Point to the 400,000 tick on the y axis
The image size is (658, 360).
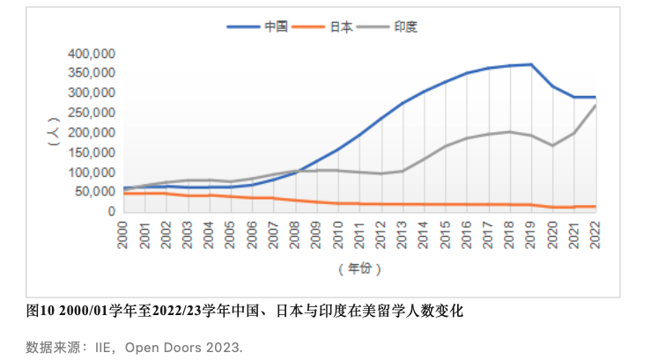pos(91,53)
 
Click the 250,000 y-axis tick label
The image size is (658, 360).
pos(91,113)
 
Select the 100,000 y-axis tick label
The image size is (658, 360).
pos(91,172)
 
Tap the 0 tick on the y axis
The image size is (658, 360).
pos(111,211)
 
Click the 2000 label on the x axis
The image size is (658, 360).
pos(125,233)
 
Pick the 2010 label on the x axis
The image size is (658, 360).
pos(337,233)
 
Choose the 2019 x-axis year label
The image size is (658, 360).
pos(531,233)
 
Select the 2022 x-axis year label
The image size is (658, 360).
pos(595,233)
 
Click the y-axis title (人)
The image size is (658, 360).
pos(54,133)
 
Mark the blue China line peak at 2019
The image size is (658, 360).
pos(531,64)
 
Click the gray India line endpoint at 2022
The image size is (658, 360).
pos(595,106)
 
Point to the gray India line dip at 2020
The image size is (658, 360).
pos(553,145)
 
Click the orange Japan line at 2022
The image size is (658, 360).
pos(595,207)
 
